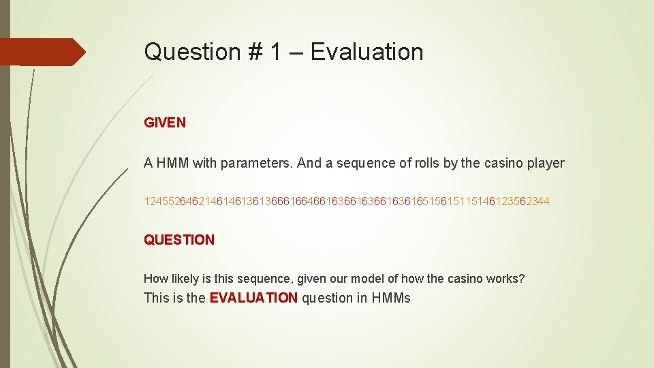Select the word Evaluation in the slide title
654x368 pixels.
pos(367,52)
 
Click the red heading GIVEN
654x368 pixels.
pos(164,123)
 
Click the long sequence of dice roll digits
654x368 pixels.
pos(347,202)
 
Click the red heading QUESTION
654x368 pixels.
pos(178,240)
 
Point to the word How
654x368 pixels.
pos(155,279)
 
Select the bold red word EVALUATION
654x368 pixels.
pos(253,298)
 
